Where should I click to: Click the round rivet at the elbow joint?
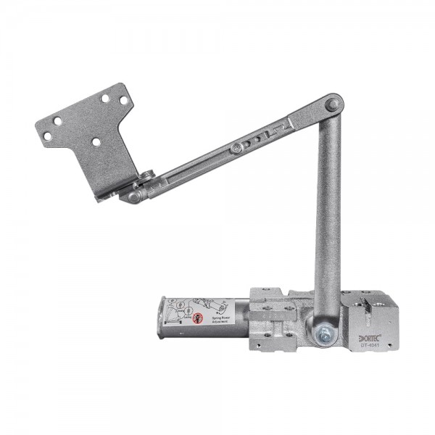(331, 105)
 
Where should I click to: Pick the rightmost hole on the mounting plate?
(123, 100)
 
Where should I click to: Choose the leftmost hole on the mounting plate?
(47, 136)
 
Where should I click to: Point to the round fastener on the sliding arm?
(236, 148)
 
